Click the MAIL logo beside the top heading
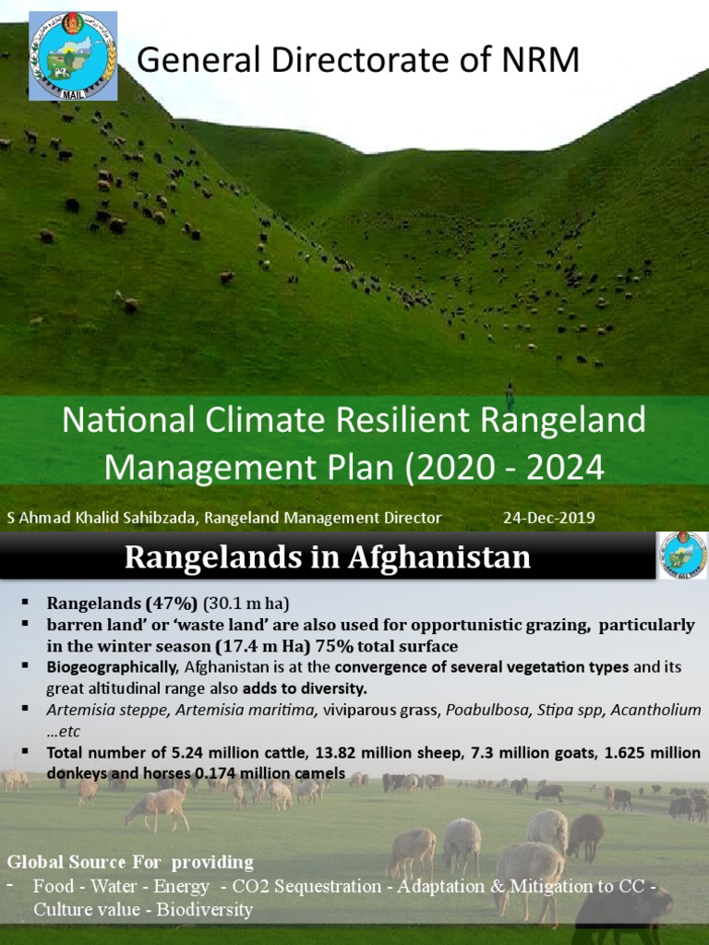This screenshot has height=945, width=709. (x=73, y=56)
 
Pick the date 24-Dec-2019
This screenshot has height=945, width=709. (x=549, y=518)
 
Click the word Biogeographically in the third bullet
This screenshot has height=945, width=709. (x=113, y=667)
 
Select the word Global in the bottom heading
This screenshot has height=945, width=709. (x=38, y=862)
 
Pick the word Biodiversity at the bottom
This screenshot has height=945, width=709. (x=204, y=909)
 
